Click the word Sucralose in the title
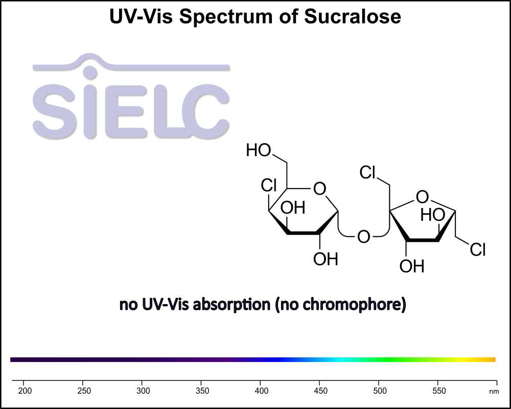tap(353, 17)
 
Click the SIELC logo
tap(131, 100)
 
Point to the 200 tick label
tap(25, 391)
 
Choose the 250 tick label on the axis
tap(84, 391)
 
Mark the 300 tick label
tap(143, 391)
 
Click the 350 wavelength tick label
tap(202, 391)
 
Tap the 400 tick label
tap(261, 391)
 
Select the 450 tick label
tap(320, 391)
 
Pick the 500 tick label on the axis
tap(379, 391)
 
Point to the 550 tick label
tap(438, 391)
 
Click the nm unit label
tap(494, 392)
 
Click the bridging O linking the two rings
tap(363, 237)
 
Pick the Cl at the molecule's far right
tap(478, 250)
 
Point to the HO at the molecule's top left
tap(259, 150)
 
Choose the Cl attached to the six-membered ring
tap(269, 186)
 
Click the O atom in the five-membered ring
tap(422, 196)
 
